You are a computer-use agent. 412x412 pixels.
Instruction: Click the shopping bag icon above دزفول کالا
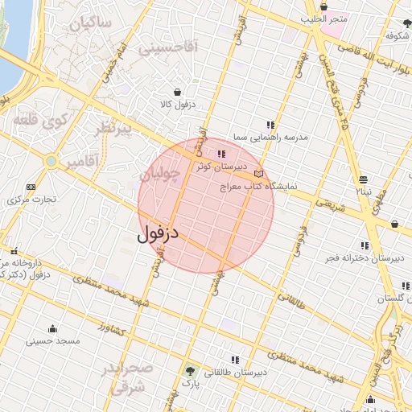[176, 91]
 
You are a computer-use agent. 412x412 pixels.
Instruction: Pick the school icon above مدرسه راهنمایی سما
[270, 125]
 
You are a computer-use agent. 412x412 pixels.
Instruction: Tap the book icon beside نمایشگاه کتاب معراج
[257, 173]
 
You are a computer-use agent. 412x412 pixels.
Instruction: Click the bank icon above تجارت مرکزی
[31, 187]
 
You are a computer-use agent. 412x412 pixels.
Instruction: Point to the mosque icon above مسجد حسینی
[53, 328]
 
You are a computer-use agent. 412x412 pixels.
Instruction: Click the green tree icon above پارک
[190, 371]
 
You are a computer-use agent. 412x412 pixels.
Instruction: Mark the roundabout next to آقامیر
[51, 161]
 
